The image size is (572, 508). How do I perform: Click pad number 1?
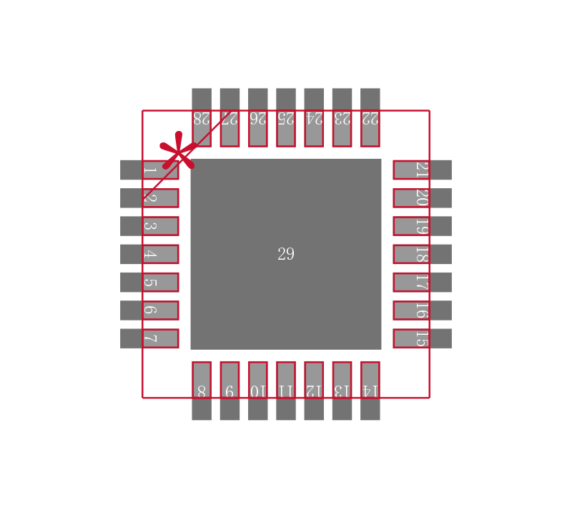pos(149,170)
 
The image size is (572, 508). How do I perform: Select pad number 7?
pos(149,338)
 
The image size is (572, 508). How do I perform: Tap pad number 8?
pos(202,390)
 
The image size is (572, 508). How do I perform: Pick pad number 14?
pos(370,390)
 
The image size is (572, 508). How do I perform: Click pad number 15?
pos(422,338)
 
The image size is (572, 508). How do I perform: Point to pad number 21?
pos(422,170)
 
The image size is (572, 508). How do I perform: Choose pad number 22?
pos(370,117)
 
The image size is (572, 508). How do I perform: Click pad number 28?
pos(202,117)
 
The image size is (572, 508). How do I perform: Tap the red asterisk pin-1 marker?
pos(178,151)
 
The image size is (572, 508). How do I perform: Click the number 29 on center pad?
pos(285,254)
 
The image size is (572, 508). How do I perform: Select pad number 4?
pos(149,254)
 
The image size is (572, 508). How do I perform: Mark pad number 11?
pos(286,390)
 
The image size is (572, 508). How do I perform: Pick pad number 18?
pos(422,254)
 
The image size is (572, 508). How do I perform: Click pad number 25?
pos(286,117)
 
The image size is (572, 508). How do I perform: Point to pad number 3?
pos(149,226)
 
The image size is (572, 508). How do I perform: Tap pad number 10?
pos(257,390)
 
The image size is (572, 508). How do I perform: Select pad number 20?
pos(422,198)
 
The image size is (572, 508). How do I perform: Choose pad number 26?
pos(257,117)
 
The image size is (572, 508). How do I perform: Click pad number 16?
pos(422,311)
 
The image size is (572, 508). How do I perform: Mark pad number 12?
pos(314,390)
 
